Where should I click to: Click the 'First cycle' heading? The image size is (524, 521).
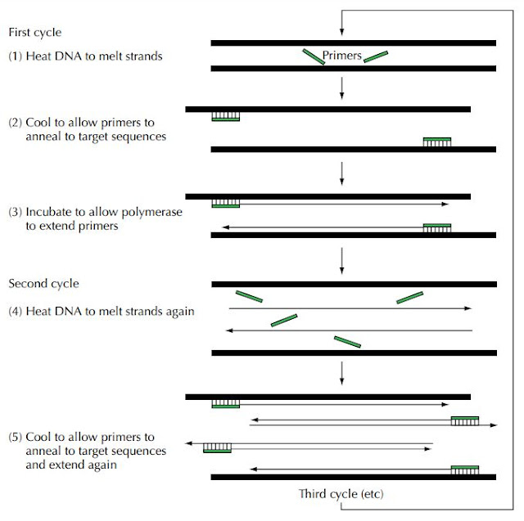point(35,33)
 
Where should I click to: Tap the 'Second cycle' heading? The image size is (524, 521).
point(43,283)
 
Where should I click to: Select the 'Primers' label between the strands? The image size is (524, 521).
point(342,55)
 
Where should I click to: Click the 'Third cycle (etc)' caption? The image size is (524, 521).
point(341,494)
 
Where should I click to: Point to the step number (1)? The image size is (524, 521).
point(16,56)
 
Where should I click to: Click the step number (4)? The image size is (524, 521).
point(16,311)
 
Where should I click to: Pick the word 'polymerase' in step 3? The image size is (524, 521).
point(152,213)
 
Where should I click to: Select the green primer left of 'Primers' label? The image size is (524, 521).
point(314,56)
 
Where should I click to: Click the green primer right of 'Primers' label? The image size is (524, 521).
point(376,56)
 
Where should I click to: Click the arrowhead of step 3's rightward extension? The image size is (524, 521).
point(445,204)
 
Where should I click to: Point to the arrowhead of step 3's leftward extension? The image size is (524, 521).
point(226,227)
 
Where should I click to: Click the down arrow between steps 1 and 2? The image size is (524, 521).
point(341,88)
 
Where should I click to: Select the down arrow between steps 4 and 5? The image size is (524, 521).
point(341,373)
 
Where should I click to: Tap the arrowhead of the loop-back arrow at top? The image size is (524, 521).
point(341,32)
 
